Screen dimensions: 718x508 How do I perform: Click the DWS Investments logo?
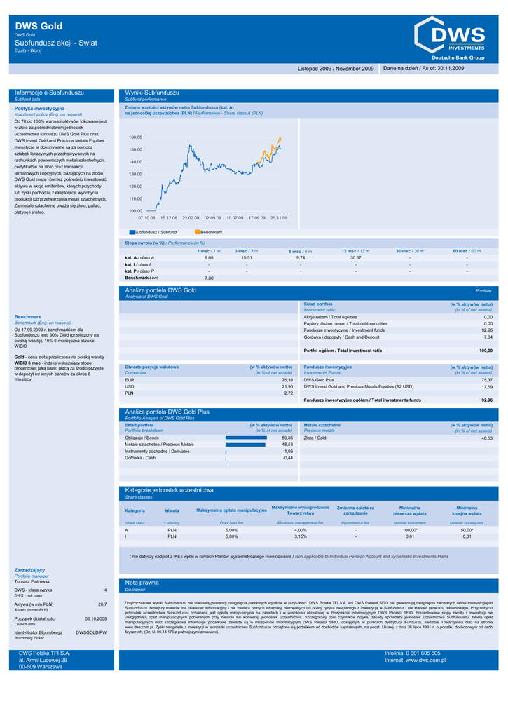click(x=451, y=39)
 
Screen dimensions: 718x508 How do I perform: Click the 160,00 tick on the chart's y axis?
click(x=135, y=137)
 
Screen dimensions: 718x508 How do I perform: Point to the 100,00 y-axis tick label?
click(x=135, y=210)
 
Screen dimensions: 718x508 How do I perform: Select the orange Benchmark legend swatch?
click(x=197, y=231)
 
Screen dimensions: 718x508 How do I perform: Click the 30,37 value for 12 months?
click(x=355, y=258)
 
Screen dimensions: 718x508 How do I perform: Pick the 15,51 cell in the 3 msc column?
click(x=246, y=258)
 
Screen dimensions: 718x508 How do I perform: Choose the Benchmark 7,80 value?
click(x=209, y=278)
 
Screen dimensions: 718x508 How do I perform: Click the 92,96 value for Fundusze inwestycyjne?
click(x=486, y=330)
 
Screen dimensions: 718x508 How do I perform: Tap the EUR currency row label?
click(x=130, y=380)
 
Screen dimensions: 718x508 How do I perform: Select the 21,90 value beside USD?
click(x=287, y=386)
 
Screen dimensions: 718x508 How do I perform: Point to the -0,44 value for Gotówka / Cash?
click(x=287, y=458)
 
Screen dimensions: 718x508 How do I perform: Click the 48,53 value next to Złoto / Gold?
click(x=486, y=438)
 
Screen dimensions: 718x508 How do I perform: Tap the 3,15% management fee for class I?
click(x=301, y=536)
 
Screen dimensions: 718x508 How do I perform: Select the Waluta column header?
click(x=172, y=510)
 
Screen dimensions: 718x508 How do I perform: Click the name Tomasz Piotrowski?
click(x=32, y=581)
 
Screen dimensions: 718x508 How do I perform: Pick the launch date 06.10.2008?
click(x=95, y=619)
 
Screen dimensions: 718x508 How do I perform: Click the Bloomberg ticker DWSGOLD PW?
click(x=91, y=632)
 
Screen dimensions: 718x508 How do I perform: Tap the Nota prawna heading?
click(x=142, y=583)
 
